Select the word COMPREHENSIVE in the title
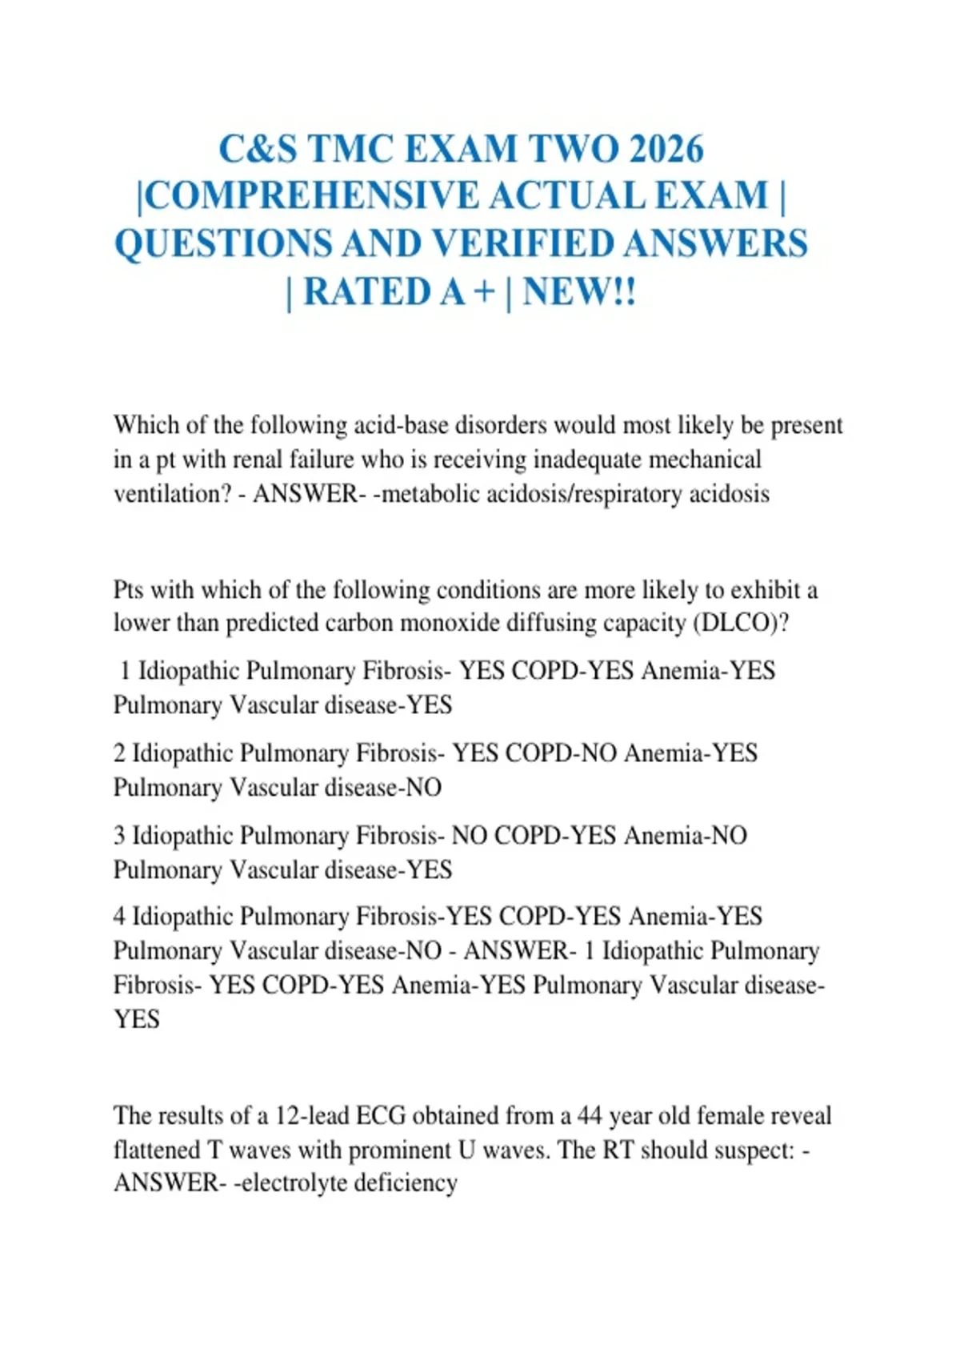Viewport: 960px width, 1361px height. (x=313, y=196)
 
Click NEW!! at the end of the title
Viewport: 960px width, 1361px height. (x=579, y=291)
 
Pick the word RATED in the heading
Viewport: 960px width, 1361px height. (x=367, y=291)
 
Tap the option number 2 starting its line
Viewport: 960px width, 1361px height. (x=119, y=753)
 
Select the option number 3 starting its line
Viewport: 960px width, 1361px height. (x=119, y=836)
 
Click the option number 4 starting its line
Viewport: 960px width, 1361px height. (x=119, y=917)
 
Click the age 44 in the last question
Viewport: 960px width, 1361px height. (x=590, y=1115)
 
